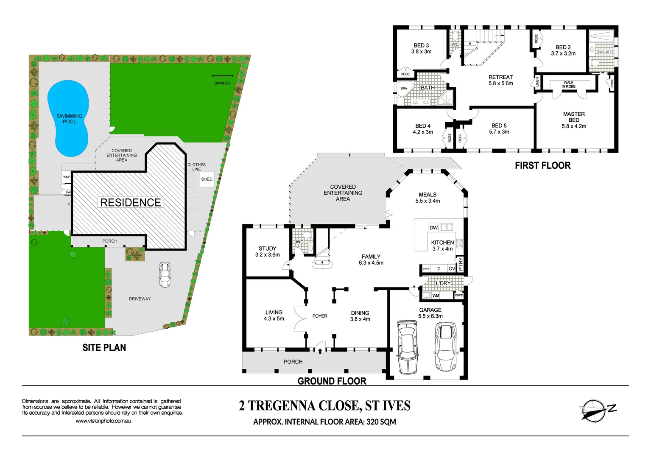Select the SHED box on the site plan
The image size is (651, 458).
207,179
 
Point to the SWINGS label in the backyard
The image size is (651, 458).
222,83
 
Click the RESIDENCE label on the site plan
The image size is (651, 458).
131,203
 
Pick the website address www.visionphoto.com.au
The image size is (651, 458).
103,421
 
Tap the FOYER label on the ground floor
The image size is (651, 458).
320,316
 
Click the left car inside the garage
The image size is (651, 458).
407,346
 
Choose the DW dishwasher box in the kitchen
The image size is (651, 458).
433,228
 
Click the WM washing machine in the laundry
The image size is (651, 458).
436,296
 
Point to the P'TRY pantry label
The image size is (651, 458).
461,264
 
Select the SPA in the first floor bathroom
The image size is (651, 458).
404,89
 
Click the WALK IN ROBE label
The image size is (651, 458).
568,84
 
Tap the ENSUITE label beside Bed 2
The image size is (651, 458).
604,52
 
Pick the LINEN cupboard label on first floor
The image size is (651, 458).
537,81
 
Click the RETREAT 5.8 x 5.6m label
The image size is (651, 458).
500,80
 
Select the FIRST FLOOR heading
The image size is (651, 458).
542,165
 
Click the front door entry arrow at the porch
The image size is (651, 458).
320,350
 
